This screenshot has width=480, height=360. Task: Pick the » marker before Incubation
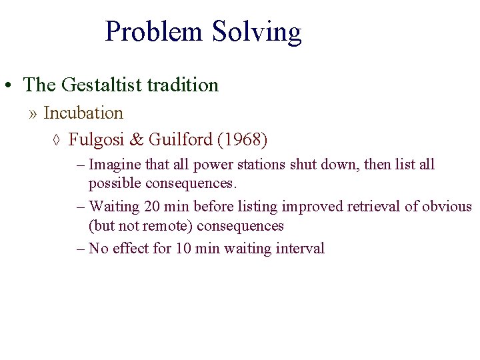pos(33,114)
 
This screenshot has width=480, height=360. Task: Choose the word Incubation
pos(83,113)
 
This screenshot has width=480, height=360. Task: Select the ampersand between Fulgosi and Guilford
pos(136,140)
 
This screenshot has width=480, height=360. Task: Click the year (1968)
pos(241,140)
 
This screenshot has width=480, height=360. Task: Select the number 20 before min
pos(151,207)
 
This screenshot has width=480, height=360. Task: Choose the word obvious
pos(447,207)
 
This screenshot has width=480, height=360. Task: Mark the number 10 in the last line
pos(183,249)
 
